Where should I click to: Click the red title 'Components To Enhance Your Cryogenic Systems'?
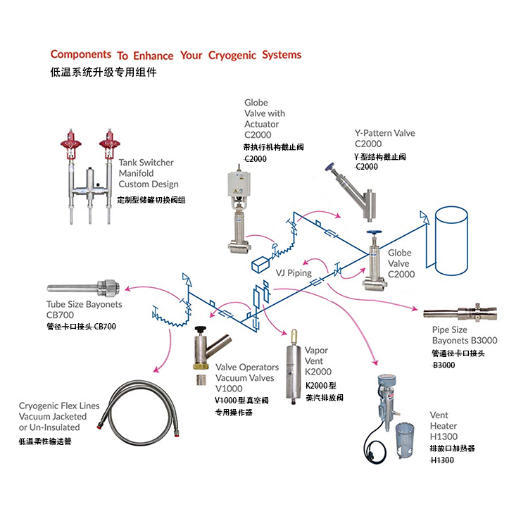click(x=176, y=55)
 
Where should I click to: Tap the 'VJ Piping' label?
click(x=294, y=272)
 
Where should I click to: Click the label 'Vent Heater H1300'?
click(x=444, y=426)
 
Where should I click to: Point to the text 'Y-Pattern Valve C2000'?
click(x=384, y=139)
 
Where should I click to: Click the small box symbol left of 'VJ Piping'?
click(x=263, y=264)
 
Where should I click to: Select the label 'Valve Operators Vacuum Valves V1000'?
click(x=246, y=377)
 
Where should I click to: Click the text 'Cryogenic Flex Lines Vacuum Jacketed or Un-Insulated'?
click(x=59, y=417)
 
